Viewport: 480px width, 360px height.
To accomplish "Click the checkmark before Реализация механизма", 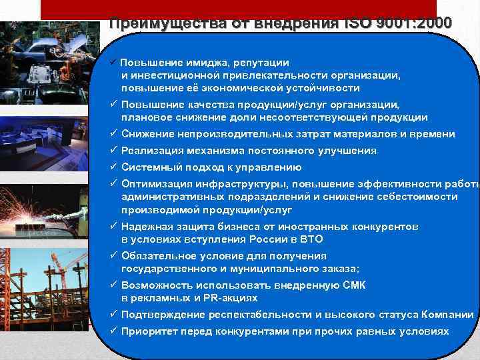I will pyautogui.click(x=114, y=151).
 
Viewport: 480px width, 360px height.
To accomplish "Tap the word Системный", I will pyautogui.click(x=148, y=167).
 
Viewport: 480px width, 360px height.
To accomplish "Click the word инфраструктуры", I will pyautogui.click(x=244, y=184).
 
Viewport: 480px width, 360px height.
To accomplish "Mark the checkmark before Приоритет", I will pyautogui.click(x=114, y=331).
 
